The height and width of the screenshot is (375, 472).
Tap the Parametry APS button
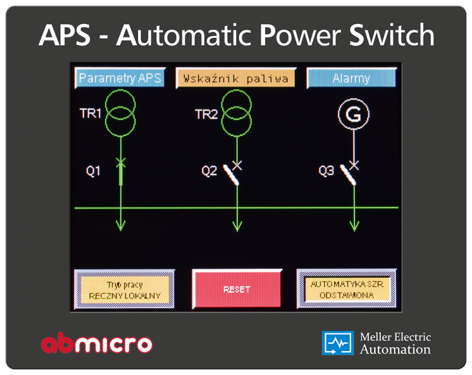[x=120, y=78]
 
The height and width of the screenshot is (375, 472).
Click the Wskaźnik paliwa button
[x=236, y=78]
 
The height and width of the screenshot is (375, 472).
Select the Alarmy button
[x=352, y=78]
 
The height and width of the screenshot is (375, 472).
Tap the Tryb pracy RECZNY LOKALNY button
[x=125, y=289]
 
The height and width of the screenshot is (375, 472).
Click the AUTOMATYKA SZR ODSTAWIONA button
[x=347, y=289]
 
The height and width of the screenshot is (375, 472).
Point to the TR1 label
[x=90, y=113]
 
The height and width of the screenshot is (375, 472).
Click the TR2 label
[x=206, y=115]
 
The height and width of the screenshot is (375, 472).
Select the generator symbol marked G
[x=354, y=114]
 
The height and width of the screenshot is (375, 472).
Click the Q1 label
[x=93, y=171]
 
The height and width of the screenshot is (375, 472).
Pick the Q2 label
[x=209, y=171]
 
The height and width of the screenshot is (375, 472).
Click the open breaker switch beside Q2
[x=231, y=175]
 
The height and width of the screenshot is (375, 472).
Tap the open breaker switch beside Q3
[x=348, y=175]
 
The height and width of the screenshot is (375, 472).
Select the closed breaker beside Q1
[x=121, y=173]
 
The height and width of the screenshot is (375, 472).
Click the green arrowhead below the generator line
[x=354, y=226]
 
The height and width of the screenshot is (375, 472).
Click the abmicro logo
[x=97, y=343]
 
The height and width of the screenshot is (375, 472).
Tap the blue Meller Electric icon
[x=338, y=343]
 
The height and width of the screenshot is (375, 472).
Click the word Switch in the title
[x=391, y=35]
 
